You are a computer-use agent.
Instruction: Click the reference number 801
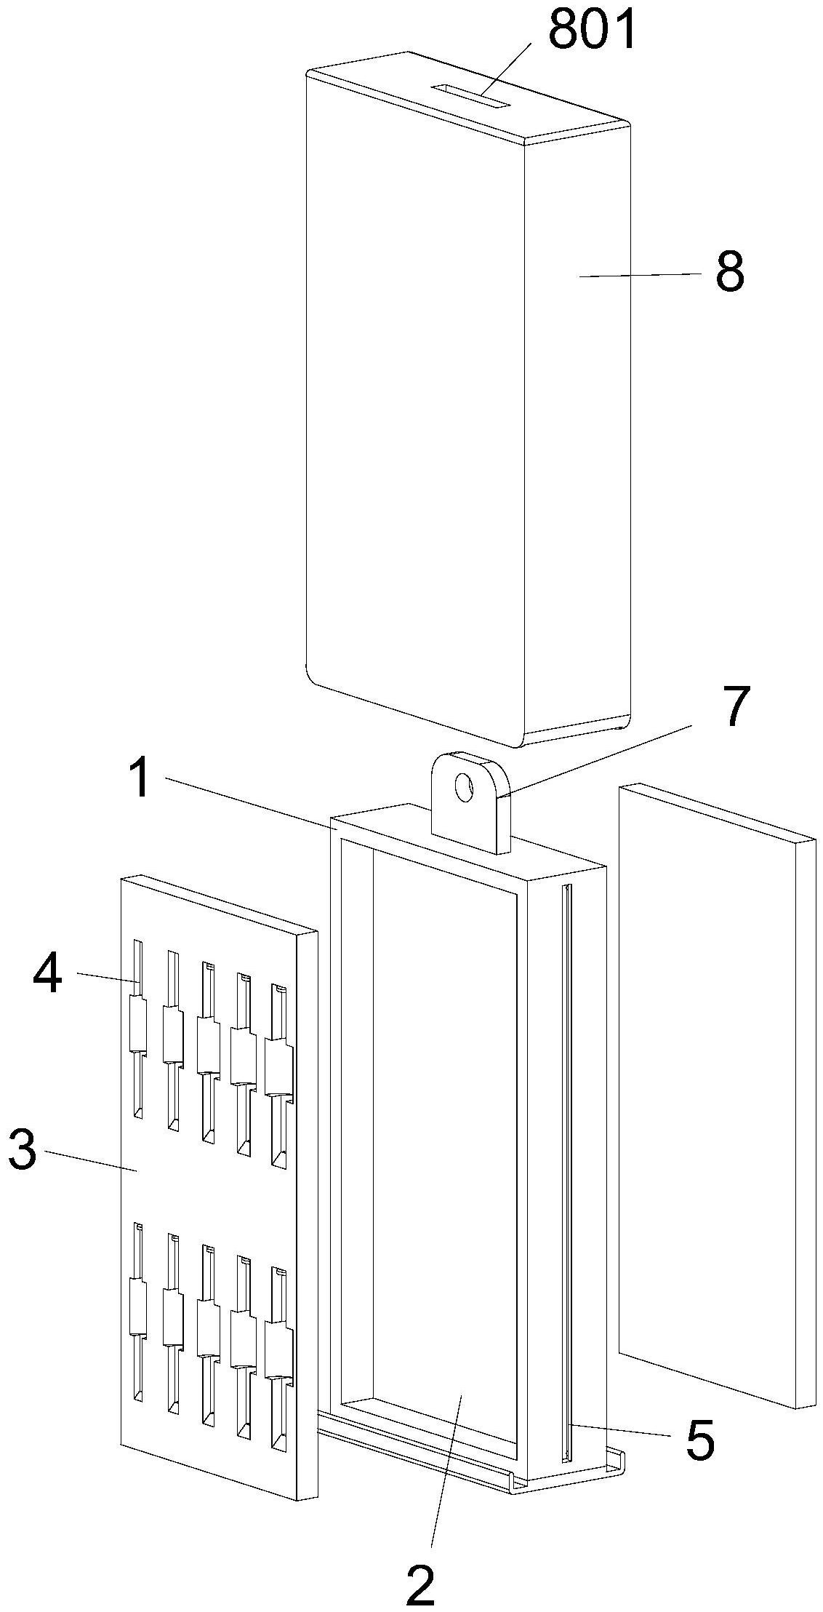click(592, 29)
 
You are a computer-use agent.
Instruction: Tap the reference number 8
click(730, 273)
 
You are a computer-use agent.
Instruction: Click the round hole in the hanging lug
click(463, 787)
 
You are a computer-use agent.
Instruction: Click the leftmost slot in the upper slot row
click(137, 1029)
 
